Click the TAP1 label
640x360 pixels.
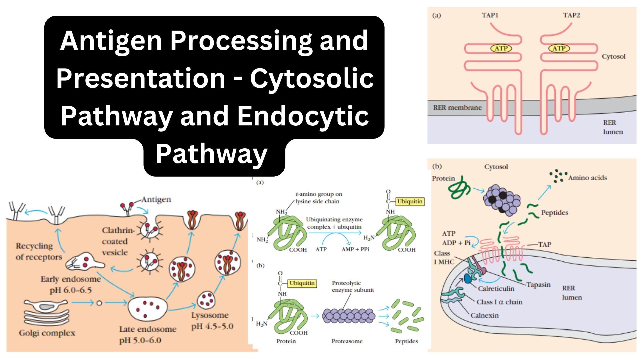click(490, 15)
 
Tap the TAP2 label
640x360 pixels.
click(571, 15)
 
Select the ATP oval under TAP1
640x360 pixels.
click(501, 49)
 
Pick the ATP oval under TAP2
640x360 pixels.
click(559, 49)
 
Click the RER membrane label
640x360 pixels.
click(457, 108)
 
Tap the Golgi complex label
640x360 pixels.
click(47, 333)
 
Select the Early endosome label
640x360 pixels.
click(71, 279)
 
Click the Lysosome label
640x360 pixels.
click(210, 315)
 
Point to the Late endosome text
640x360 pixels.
click(148, 329)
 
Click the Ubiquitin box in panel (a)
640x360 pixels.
click(409, 201)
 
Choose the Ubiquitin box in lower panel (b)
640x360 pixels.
click(302, 283)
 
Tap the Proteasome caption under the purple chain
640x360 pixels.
click(347, 341)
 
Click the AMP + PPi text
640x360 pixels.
click(355, 249)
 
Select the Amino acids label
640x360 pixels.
click(587, 178)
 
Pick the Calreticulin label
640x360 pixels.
click(496, 289)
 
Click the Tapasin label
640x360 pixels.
click(538, 285)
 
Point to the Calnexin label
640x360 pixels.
click(485, 315)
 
